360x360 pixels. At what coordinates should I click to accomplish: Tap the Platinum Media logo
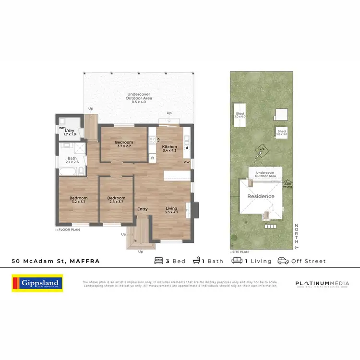point(322,284)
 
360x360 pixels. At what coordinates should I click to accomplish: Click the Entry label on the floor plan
point(143,209)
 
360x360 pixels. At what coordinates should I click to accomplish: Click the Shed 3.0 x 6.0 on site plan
point(240,115)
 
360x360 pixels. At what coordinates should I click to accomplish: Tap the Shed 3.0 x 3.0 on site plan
point(281,132)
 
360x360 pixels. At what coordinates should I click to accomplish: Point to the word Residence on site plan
point(261,196)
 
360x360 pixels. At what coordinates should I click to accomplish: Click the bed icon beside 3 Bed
point(158,261)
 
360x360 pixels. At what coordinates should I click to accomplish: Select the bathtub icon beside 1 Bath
point(197,261)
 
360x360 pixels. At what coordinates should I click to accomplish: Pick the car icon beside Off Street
point(283,261)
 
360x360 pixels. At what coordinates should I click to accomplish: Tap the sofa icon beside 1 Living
point(237,261)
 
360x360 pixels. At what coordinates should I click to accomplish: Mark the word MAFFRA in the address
point(84,261)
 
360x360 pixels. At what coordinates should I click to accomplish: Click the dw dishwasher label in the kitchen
point(186,162)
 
